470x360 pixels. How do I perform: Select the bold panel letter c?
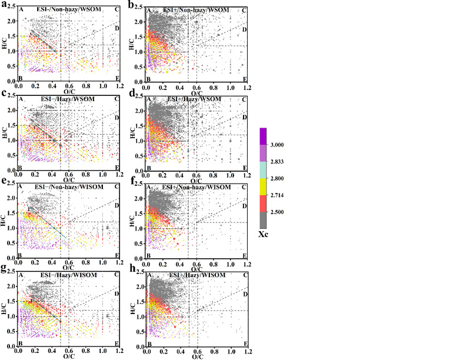4,94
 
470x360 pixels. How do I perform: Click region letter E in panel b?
245,79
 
